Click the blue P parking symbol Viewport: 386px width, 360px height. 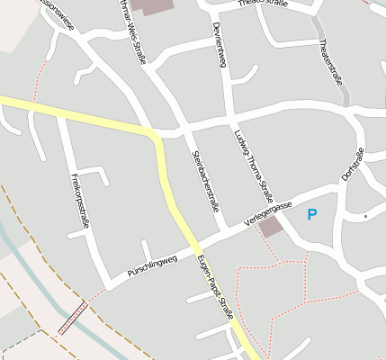pos(312,214)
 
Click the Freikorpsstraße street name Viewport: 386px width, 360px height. pos(79,201)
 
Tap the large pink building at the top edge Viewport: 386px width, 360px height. pos(154,5)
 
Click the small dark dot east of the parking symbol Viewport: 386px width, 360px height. pos(365,217)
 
